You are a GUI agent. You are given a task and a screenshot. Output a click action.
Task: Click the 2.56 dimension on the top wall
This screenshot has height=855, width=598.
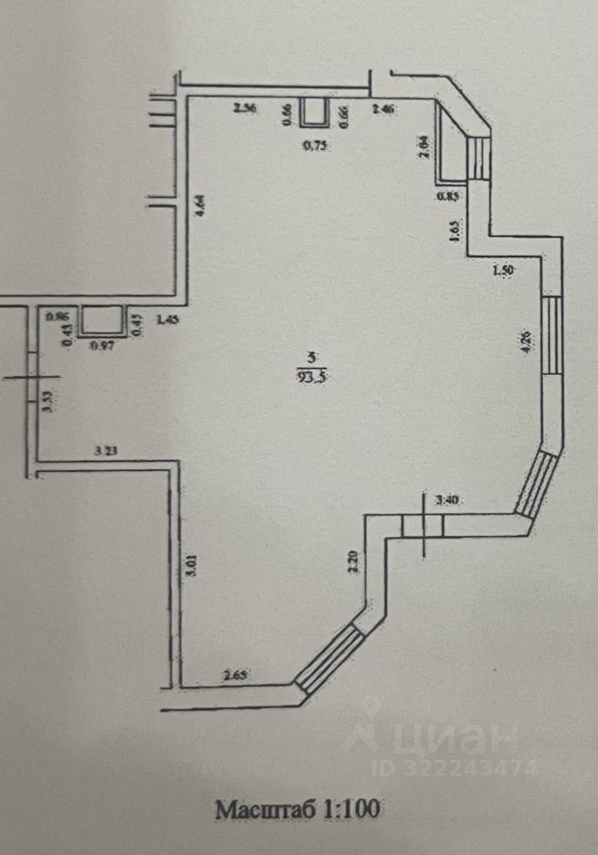(x=244, y=109)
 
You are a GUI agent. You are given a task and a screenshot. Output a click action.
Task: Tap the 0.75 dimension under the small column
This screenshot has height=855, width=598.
(x=314, y=147)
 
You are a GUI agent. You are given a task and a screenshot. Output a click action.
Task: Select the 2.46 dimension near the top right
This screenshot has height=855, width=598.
(x=384, y=110)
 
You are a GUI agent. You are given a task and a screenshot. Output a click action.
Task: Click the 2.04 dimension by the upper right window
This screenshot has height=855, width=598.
(x=424, y=145)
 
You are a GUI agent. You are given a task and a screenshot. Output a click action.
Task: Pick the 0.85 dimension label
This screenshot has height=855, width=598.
(x=448, y=197)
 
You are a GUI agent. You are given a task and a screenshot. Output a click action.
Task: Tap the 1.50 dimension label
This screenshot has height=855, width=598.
(x=503, y=271)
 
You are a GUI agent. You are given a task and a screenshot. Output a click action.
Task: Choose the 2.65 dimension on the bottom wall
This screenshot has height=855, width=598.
(x=235, y=674)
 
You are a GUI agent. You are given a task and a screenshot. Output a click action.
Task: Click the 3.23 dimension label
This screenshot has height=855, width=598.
(x=106, y=451)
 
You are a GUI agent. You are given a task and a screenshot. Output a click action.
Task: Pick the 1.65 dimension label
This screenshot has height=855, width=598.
(x=454, y=232)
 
